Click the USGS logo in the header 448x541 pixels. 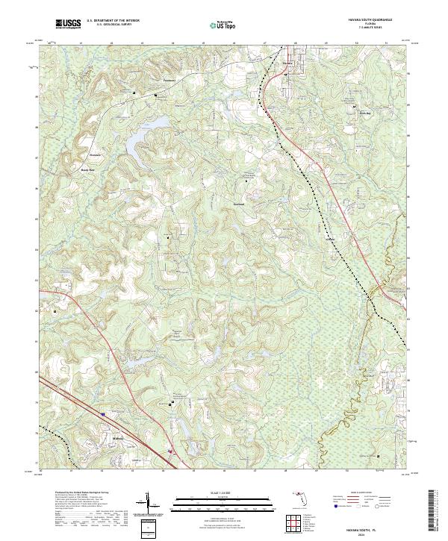pos(68,24)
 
